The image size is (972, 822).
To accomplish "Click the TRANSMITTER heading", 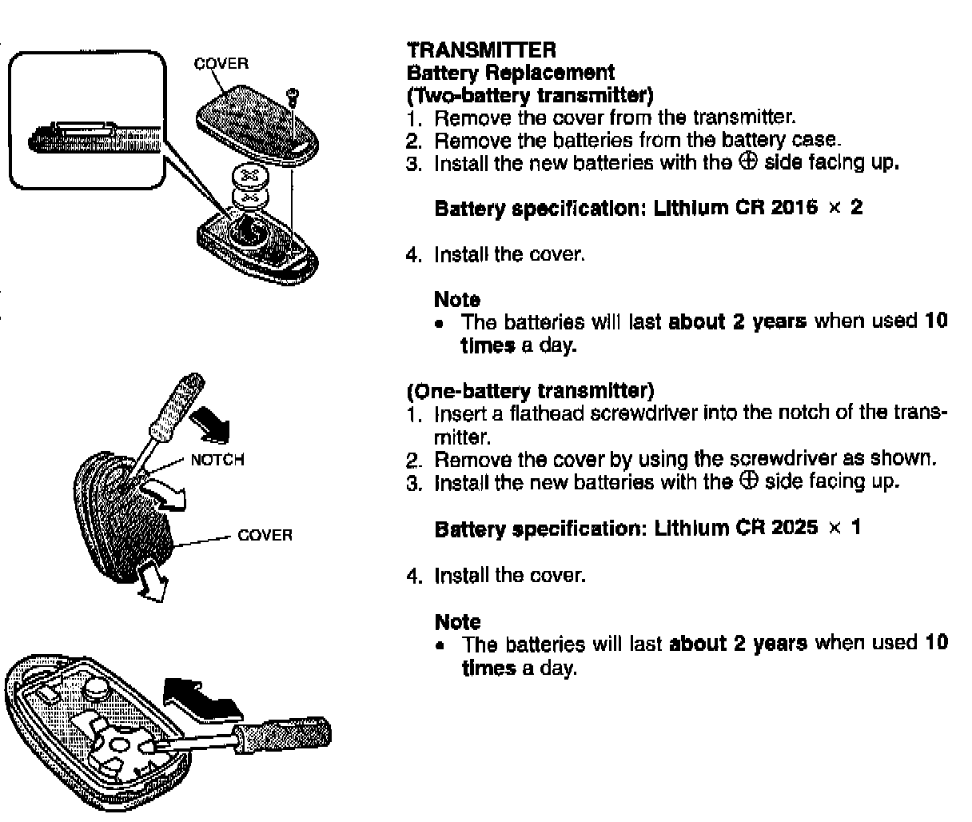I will point(481,50).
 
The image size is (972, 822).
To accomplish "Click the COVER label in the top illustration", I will point(221,63).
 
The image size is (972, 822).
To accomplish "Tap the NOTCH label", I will point(217,460).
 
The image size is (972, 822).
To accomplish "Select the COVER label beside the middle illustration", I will point(265,535).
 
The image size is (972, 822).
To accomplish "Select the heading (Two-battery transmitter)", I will point(530,96).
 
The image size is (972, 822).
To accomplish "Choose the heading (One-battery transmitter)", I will point(530,391).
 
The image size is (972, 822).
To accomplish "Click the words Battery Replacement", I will point(511,73).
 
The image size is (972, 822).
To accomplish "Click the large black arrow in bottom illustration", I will point(201,697).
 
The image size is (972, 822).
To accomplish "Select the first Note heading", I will point(457,300).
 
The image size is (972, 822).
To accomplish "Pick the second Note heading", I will point(458,621).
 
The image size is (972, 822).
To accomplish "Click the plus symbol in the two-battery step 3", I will point(747,162).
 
